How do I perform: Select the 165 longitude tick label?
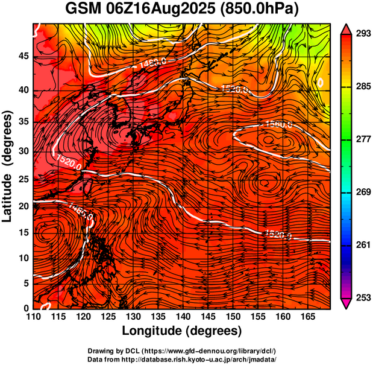click(306, 317)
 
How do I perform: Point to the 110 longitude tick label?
click(34, 317)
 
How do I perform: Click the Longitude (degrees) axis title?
click(182, 331)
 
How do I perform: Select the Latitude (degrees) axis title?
click(8, 166)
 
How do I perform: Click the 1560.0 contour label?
click(278, 125)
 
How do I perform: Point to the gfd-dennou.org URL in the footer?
click(212, 351)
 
